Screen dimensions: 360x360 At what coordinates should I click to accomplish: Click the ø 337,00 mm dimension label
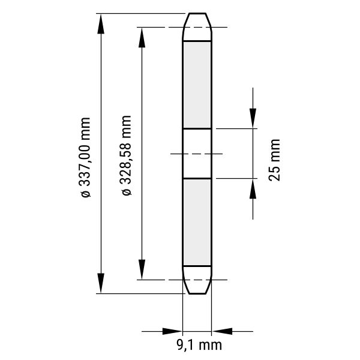[84, 157]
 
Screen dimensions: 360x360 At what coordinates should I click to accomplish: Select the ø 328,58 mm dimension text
[125, 155]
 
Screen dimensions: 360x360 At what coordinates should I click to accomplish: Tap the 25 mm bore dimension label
[274, 160]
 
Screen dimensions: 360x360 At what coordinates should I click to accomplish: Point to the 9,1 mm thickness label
[199, 345]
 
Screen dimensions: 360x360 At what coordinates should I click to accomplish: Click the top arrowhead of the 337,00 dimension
[101, 23]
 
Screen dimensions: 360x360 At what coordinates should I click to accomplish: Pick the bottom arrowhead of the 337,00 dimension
[101, 283]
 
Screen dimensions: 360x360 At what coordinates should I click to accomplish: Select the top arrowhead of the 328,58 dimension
[142, 37]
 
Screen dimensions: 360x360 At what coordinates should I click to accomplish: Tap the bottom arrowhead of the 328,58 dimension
[142, 269]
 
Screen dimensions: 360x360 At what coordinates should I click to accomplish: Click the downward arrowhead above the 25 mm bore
[253, 118]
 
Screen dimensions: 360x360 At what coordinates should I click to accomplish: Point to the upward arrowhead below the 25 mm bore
[253, 188]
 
